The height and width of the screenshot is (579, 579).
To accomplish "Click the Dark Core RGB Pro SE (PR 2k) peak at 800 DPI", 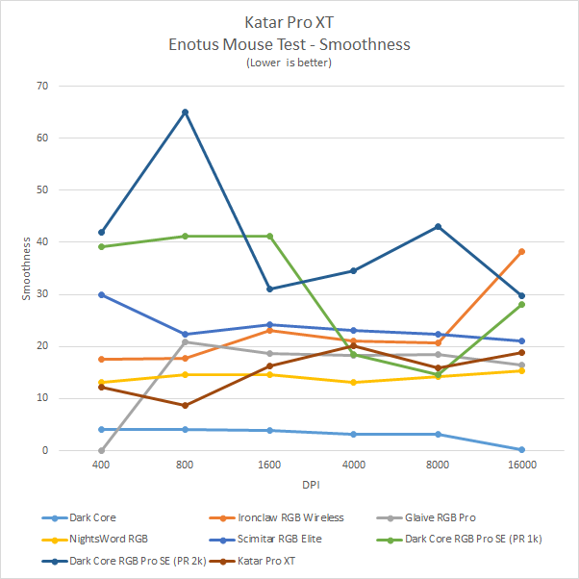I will [185, 113].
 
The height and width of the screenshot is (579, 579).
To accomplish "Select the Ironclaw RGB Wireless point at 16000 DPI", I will [521, 251].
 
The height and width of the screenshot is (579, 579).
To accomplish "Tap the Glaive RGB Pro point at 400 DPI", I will [101, 450].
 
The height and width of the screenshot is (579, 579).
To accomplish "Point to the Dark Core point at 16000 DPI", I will [521, 449].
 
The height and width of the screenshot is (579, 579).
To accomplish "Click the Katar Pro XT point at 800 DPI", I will [185, 405].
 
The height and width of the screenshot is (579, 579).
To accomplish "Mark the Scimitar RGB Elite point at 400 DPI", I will [101, 294].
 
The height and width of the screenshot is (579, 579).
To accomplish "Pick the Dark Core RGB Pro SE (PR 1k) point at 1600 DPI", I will [269, 236].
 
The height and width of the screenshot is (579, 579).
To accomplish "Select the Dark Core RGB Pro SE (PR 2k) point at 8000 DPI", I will [438, 226].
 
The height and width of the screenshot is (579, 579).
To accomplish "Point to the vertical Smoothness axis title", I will [27, 268].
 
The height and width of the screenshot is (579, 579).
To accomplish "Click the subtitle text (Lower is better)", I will [289, 63].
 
